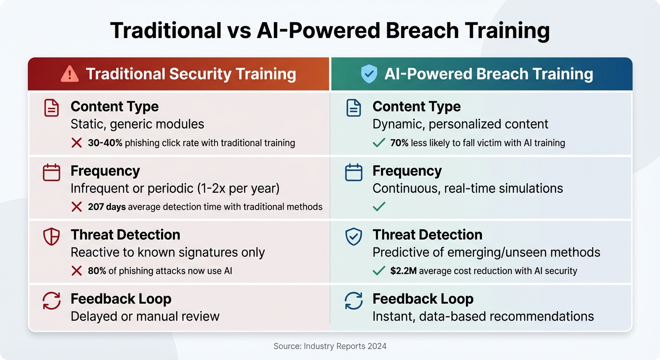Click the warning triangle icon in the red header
point(70,74)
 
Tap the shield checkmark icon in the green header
point(369,74)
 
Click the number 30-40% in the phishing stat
point(105,143)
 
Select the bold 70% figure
point(399,143)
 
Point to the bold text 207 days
point(106,207)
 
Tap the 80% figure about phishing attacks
point(97,271)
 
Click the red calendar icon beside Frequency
point(52,172)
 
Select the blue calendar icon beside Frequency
point(353,172)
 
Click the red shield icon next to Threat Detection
point(52,237)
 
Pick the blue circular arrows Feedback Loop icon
point(353,300)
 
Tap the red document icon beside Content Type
point(52,108)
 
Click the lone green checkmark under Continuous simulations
point(379,207)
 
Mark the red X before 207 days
point(76,207)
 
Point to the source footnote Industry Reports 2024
point(330,346)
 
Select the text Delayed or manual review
point(145,316)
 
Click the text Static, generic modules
point(137,124)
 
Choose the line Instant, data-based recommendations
point(483,316)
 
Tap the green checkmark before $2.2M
point(379,271)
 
